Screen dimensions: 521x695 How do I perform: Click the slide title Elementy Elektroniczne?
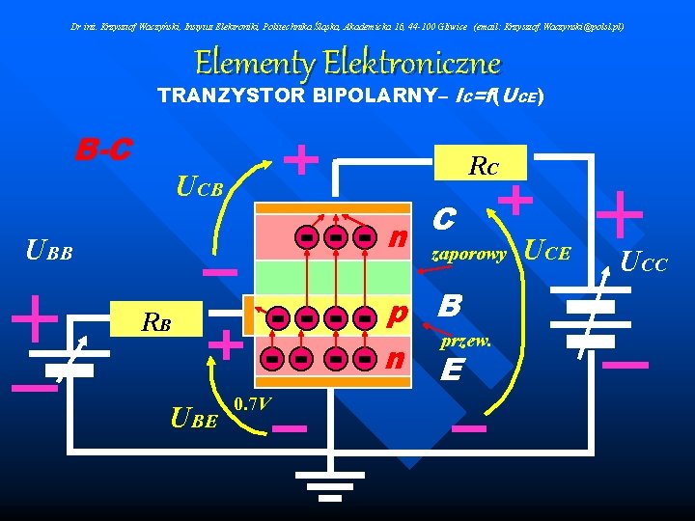coord(347,64)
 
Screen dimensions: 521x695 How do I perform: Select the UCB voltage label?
coord(200,184)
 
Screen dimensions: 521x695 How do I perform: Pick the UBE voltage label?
coord(193,418)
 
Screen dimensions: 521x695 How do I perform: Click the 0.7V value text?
coord(253,401)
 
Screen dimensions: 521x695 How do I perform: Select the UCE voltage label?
coord(545,253)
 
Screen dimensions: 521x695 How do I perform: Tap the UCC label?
coord(643,261)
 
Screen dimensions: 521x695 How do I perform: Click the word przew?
coord(466,342)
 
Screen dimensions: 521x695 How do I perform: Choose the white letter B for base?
coord(449,307)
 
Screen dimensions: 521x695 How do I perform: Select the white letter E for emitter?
coord(450,370)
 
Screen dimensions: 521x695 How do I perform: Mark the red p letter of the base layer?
coord(396,315)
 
